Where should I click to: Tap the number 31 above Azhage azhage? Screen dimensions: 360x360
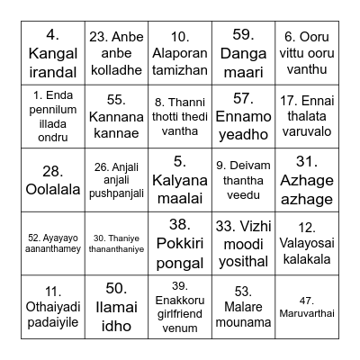(x=307, y=162)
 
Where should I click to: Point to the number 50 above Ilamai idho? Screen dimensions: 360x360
(x=116, y=289)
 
